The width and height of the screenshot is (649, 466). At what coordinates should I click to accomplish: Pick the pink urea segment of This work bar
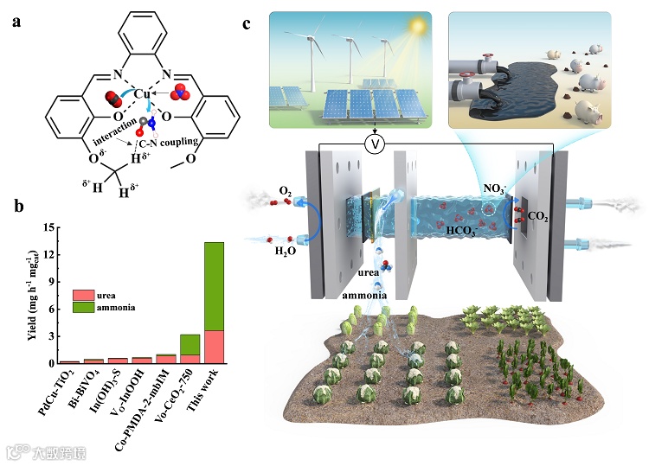pos(214,347)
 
